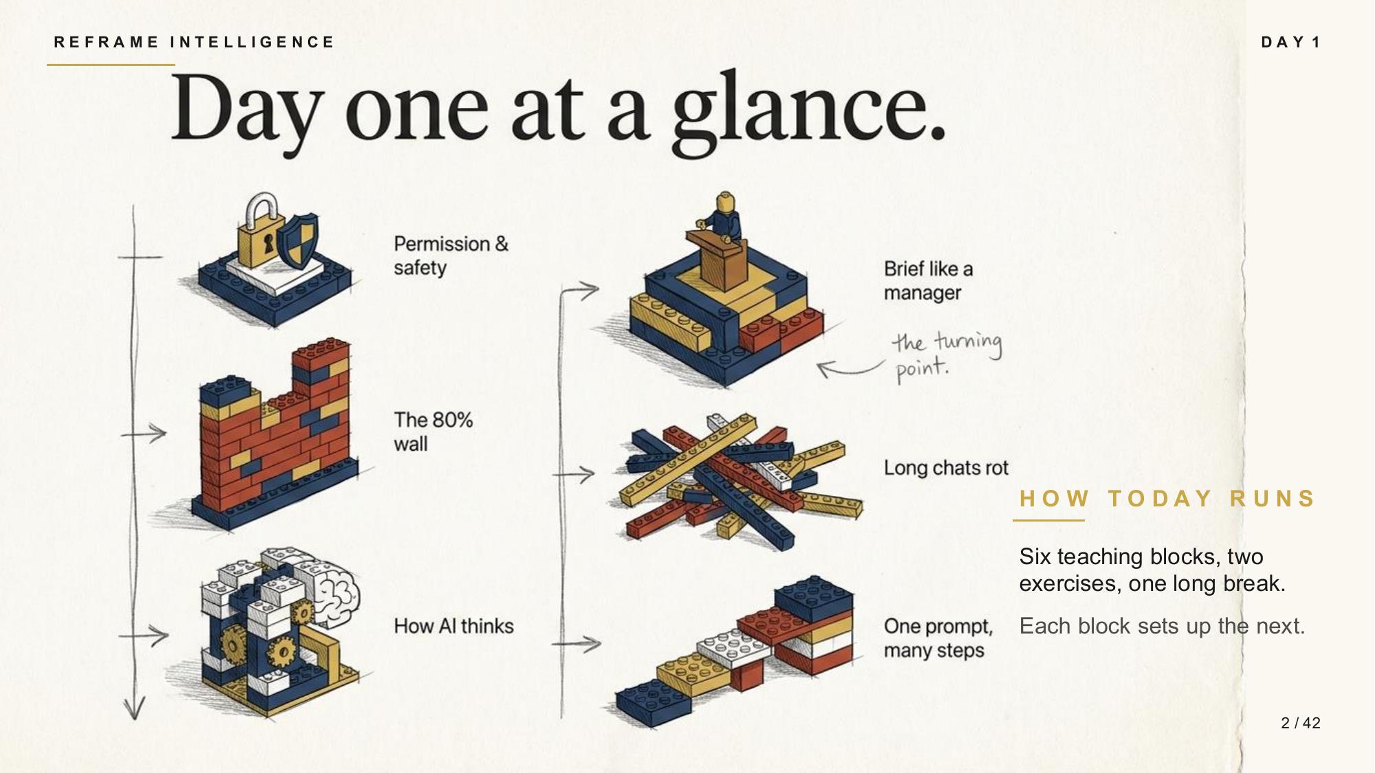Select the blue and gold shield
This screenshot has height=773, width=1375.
pyautogui.click(x=300, y=240)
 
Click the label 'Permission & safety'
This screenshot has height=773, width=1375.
pyautogui.click(x=451, y=256)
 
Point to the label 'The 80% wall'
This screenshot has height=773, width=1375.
pyautogui.click(x=433, y=432)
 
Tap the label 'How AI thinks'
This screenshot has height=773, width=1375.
pyautogui.click(x=454, y=626)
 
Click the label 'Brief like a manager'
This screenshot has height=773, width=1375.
pyautogui.click(x=928, y=280)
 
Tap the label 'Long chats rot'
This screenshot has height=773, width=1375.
pyautogui.click(x=946, y=468)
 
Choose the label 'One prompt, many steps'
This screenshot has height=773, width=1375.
pyautogui.click(x=938, y=638)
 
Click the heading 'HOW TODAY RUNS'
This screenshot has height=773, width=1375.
pyautogui.click(x=1167, y=498)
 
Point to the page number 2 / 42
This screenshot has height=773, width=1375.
pyautogui.click(x=1301, y=723)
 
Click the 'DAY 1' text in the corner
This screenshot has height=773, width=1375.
pyautogui.click(x=1291, y=43)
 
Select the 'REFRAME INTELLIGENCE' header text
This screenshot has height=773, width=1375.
pyautogui.click(x=194, y=43)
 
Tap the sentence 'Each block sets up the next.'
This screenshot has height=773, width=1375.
pyautogui.click(x=1162, y=626)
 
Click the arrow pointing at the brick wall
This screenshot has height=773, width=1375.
pyautogui.click(x=144, y=434)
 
